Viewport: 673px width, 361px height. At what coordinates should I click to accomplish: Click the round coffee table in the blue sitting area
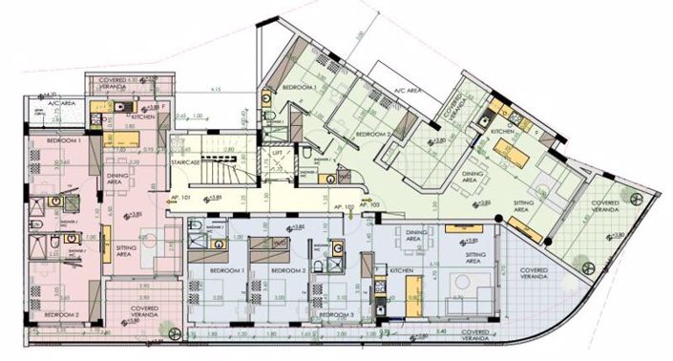tap(458, 283)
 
